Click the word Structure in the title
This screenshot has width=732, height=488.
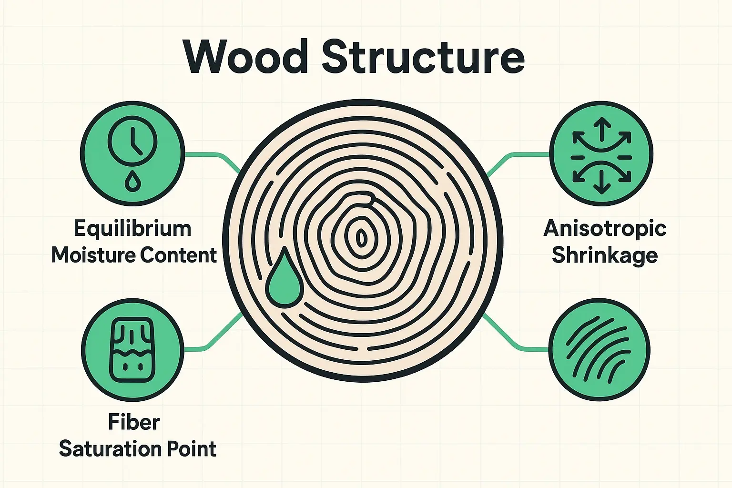[x=423, y=57]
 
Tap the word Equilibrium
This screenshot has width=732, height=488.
[x=132, y=229]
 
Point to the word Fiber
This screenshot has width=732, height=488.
[x=133, y=422]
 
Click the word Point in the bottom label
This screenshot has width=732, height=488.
[x=192, y=449]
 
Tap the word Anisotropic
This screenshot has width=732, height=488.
[x=605, y=229]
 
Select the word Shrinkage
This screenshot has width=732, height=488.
[x=605, y=256]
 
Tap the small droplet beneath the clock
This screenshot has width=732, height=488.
[x=132, y=181]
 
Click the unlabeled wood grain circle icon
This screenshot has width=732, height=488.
[x=600, y=350]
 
